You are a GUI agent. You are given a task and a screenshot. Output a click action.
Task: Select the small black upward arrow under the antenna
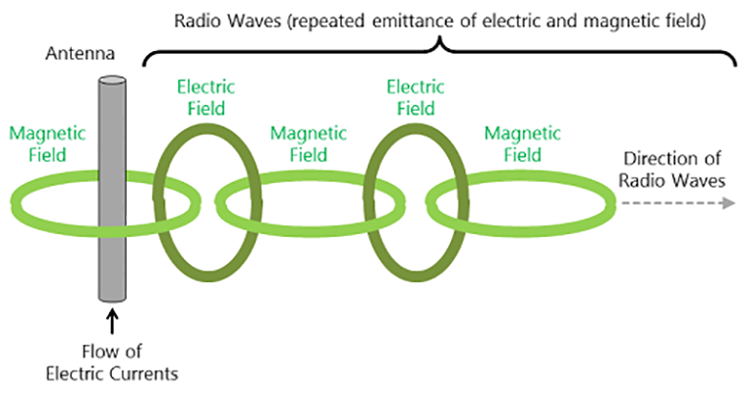pyautogui.click(x=112, y=319)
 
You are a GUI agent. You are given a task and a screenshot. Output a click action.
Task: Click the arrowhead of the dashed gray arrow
pyautogui.click(x=728, y=203)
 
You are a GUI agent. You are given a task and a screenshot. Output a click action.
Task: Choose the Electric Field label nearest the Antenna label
pyautogui.click(x=206, y=97)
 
